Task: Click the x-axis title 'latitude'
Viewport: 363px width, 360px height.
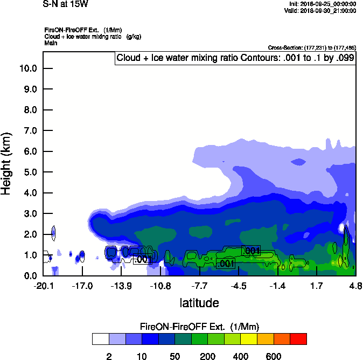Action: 199,303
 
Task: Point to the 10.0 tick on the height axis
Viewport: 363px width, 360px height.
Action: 27,68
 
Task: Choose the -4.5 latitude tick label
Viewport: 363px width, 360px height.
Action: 239,285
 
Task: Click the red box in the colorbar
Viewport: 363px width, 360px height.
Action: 298,339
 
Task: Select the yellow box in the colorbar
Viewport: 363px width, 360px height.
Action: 249,339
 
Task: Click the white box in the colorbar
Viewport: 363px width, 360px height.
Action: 100,339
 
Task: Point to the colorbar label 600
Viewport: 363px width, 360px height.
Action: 274,356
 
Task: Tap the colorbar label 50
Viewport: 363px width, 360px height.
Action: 174,356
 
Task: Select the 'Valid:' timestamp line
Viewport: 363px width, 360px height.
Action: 322,10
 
